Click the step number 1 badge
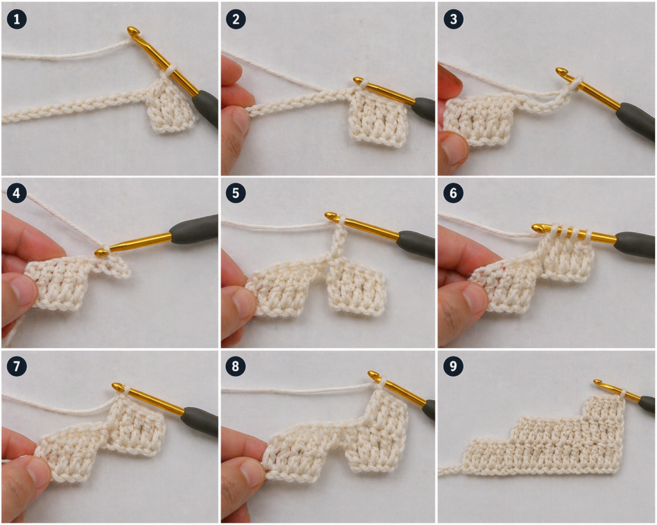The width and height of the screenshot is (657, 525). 16,19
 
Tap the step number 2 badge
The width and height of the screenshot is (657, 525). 235,19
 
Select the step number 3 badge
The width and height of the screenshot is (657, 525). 454,19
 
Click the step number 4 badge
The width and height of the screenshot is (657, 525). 16,194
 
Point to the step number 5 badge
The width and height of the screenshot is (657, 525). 235,194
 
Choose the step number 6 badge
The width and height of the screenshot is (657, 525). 454,194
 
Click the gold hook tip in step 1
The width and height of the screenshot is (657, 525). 133,31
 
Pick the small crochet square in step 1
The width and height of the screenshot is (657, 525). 169,106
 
